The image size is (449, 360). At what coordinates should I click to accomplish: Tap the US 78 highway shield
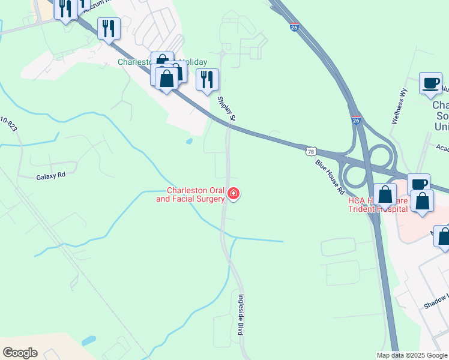(x=310, y=152)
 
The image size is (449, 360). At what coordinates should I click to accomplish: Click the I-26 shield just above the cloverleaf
(x=356, y=121)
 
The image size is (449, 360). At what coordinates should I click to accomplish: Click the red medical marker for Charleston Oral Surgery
(x=233, y=194)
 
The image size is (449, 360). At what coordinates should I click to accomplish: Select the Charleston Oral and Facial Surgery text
(x=190, y=194)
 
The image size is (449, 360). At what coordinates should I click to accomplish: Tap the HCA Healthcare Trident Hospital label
(x=378, y=205)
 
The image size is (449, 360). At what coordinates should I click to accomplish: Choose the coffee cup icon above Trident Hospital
(x=418, y=183)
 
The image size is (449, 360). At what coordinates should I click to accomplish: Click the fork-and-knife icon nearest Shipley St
(x=207, y=79)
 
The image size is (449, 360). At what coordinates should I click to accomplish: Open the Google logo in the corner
(x=20, y=353)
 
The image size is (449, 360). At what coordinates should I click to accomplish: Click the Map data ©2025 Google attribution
(x=412, y=355)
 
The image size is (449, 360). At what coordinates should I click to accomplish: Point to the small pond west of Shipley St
(x=190, y=142)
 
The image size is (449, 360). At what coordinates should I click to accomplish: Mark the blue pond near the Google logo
(x=88, y=341)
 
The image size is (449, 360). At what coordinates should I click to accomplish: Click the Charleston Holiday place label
(x=162, y=62)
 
